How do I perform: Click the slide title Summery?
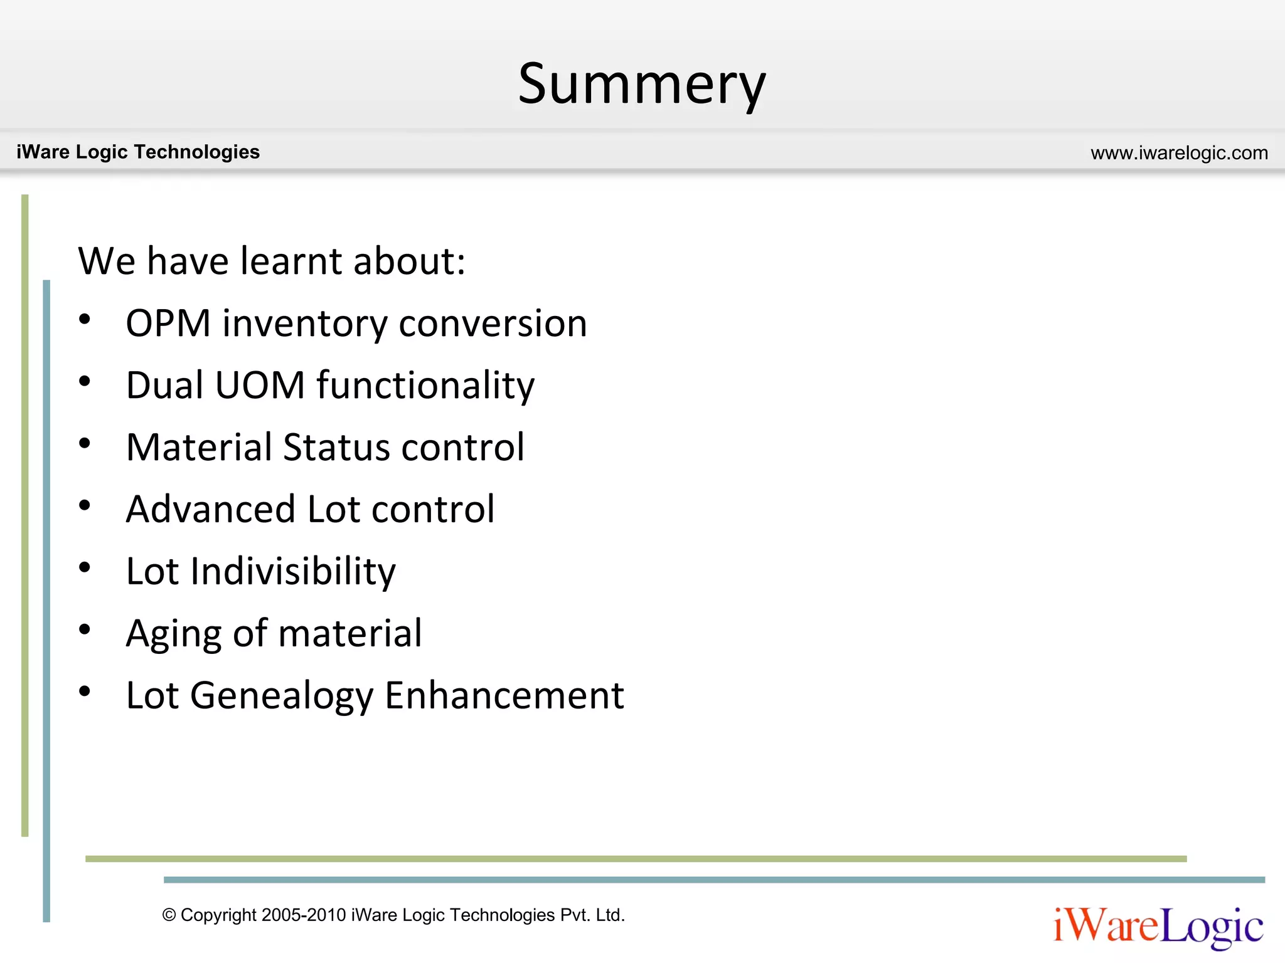642,85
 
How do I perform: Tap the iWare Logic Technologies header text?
138,152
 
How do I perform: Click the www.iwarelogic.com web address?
1179,153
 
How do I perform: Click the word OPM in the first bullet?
168,324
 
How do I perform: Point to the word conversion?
493,324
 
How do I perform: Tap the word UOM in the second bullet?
260,385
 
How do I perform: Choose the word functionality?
425,385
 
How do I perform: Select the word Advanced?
211,508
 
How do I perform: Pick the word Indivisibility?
293,571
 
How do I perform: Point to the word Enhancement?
504,695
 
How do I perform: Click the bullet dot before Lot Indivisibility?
85,567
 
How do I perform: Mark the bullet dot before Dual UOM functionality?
85,381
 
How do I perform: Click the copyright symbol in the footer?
169,915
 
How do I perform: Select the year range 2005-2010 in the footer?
304,915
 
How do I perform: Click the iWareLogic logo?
1158,927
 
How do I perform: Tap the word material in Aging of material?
350,633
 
